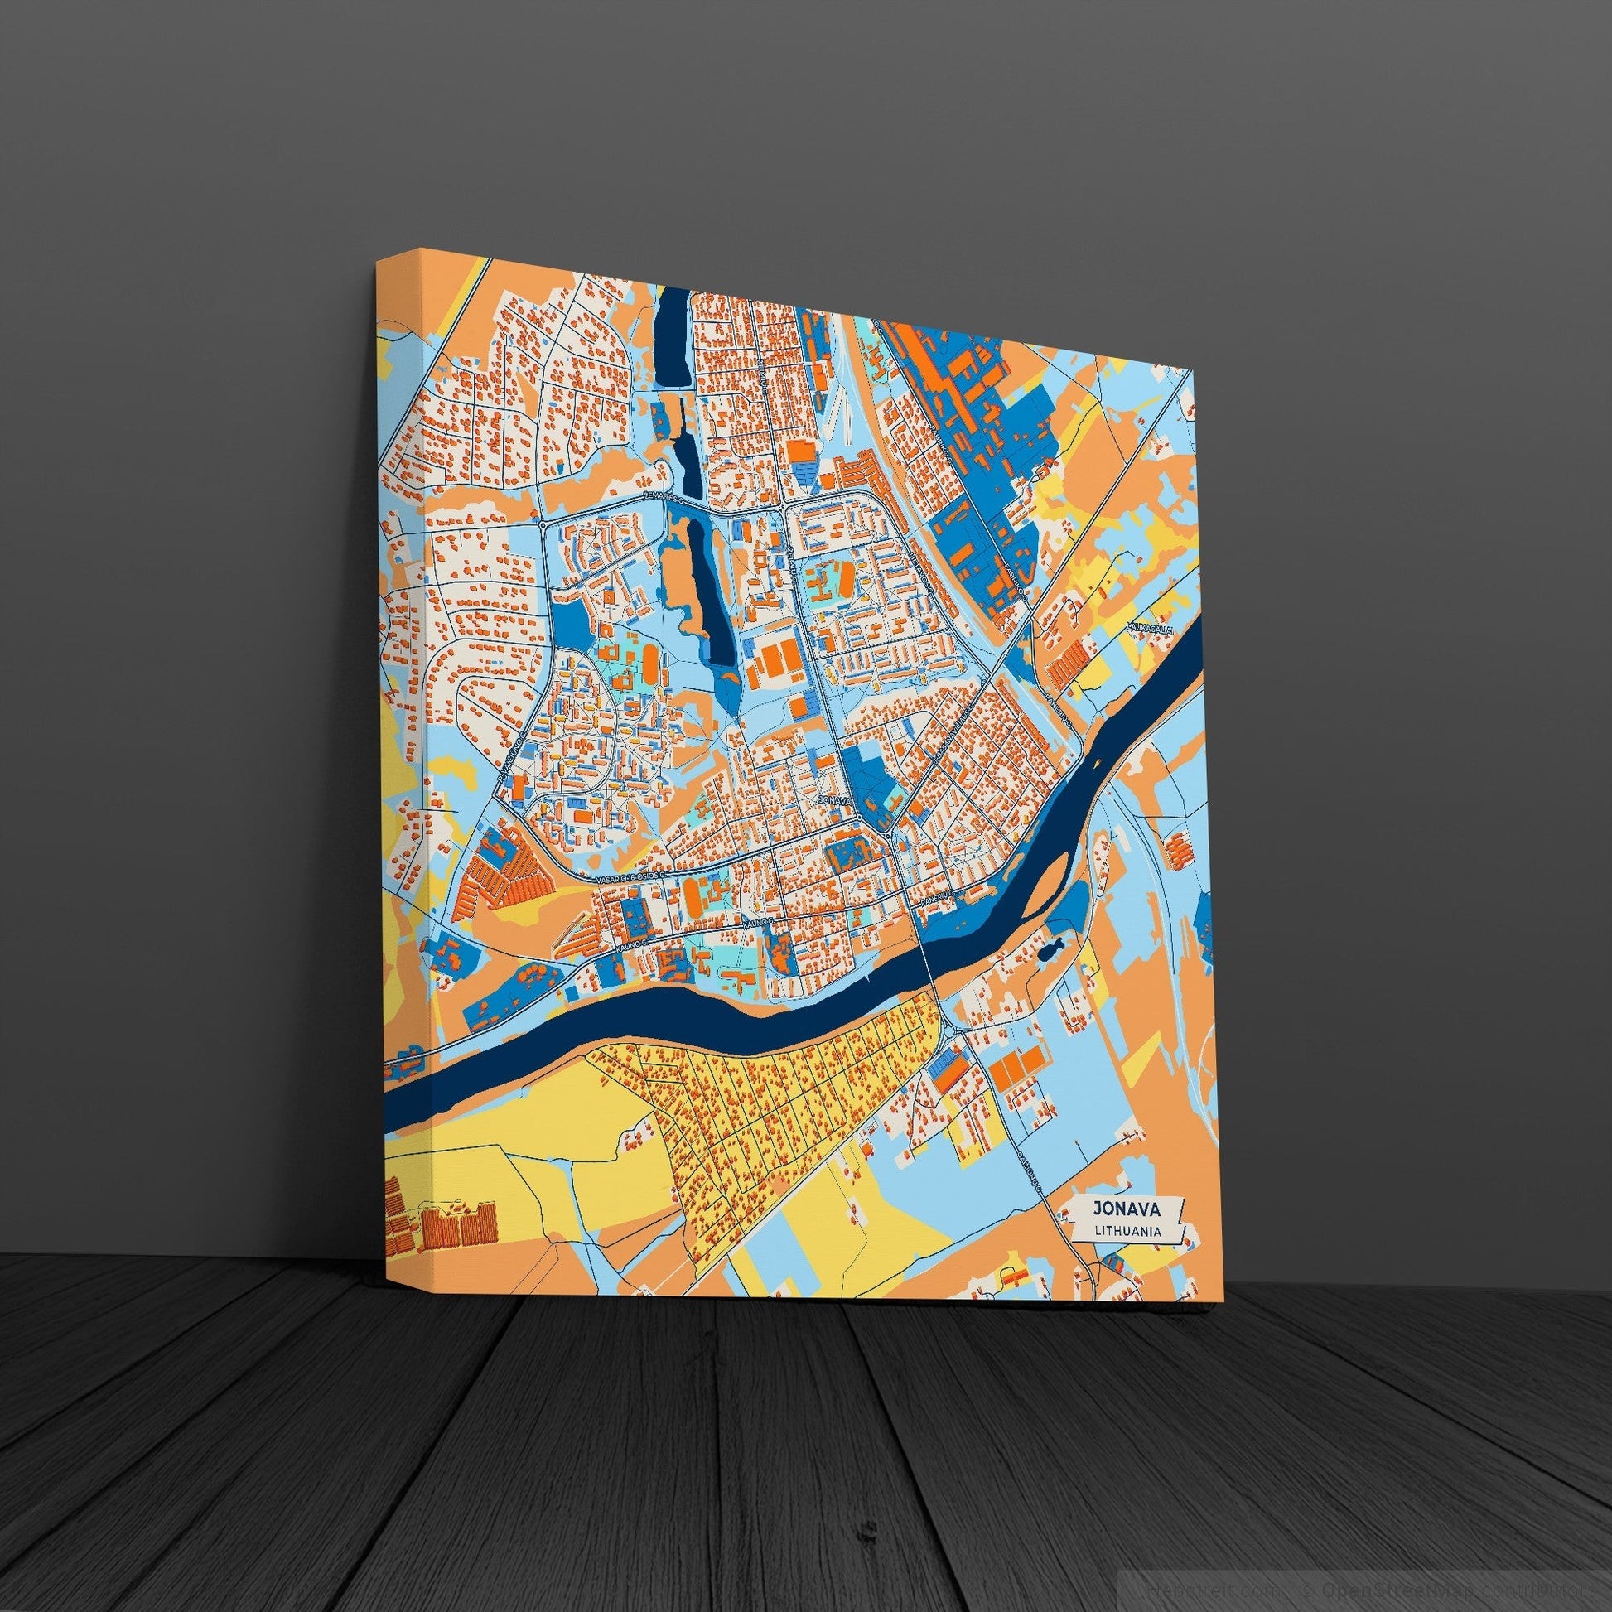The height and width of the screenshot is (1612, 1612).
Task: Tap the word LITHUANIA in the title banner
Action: (x=1128, y=1231)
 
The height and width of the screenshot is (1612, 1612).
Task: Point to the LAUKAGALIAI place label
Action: (x=1149, y=628)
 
